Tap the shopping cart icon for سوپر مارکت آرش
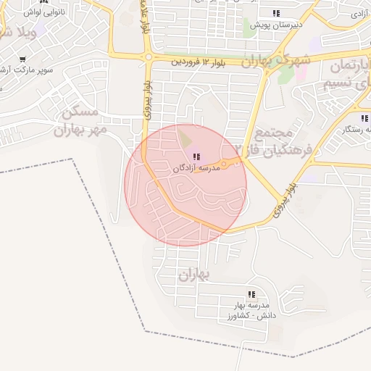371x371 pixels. click(x=22, y=59)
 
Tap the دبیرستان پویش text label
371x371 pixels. click(x=275, y=25)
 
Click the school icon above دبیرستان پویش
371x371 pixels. click(x=275, y=13)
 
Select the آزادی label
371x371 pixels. click(x=359, y=14)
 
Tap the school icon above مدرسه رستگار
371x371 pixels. click(x=363, y=117)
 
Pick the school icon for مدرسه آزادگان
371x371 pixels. click(x=196, y=157)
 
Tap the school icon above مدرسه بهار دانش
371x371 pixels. click(x=251, y=294)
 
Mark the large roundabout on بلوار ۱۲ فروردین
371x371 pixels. click(x=149, y=56)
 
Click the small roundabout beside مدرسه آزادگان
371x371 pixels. click(x=225, y=165)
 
